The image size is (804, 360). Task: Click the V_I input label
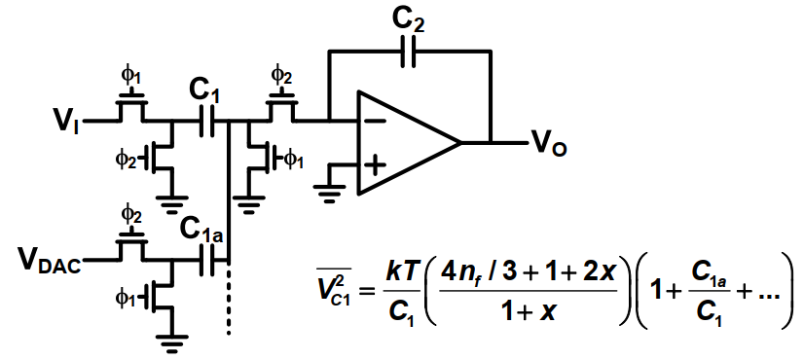(x=66, y=123)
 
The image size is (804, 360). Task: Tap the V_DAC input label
(x=50, y=262)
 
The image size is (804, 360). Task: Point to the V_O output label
(x=550, y=145)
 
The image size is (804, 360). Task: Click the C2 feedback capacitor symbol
(x=409, y=52)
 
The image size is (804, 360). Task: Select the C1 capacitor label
(x=205, y=93)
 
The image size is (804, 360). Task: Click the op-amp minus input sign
(x=377, y=121)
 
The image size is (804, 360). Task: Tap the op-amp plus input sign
(x=377, y=165)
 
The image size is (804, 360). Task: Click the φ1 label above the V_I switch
(x=130, y=75)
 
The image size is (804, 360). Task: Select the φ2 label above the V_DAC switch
(x=131, y=213)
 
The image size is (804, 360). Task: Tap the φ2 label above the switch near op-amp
(x=280, y=75)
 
